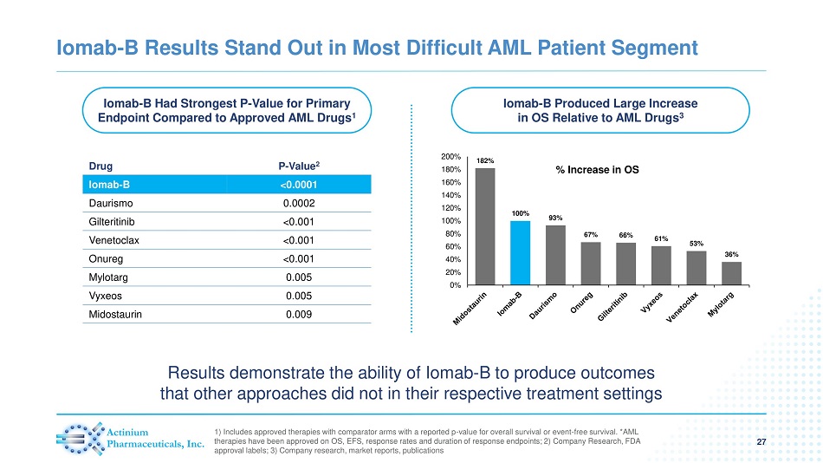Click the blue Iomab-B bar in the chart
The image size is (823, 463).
pos(520,252)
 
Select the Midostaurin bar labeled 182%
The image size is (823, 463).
pos(485,225)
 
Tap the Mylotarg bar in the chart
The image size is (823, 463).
pos(732,272)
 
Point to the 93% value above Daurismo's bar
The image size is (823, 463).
pos(555,218)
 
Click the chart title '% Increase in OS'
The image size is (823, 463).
pos(597,170)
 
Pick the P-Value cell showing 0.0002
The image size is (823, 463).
pos(299,203)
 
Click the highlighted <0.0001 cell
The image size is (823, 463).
pos(299,184)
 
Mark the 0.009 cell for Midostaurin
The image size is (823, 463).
pos(299,315)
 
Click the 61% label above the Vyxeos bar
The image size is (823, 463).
pos(661,238)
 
